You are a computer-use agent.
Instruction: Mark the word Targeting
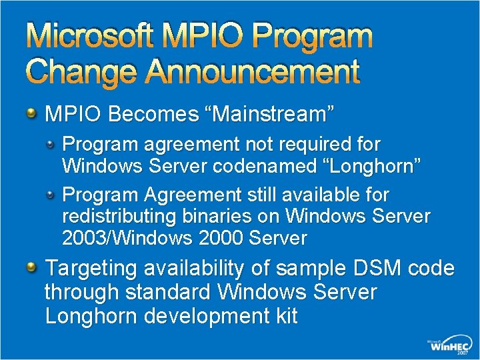click(91, 269)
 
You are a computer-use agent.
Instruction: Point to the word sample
click(296, 269)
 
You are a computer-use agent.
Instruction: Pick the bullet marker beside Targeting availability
click(31, 267)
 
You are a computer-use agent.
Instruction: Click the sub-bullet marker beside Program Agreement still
click(51, 193)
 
